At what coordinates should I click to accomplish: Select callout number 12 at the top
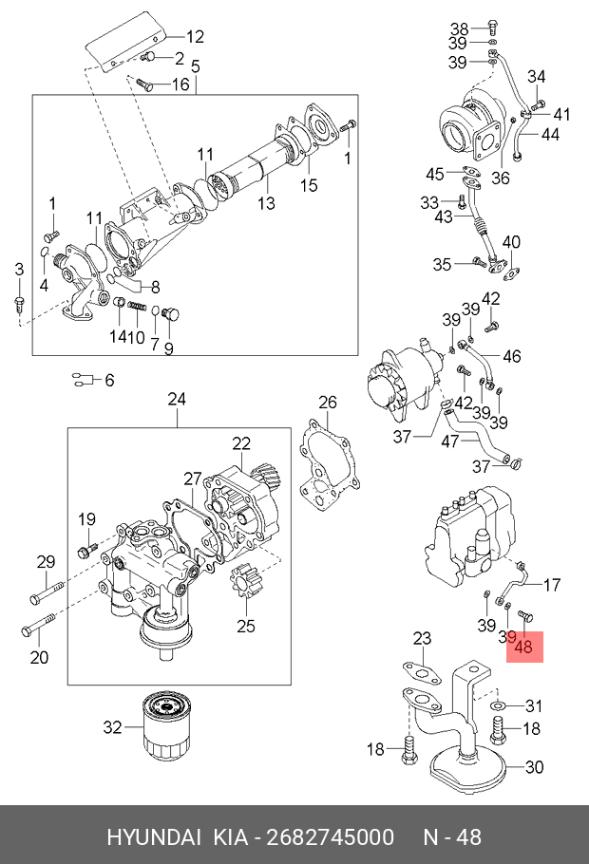coord(194,37)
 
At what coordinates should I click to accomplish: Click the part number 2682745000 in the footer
coord(332,837)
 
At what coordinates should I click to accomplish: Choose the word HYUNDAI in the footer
coord(153,837)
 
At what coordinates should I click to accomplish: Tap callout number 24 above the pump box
coord(178,399)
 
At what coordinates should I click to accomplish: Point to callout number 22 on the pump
coord(241,442)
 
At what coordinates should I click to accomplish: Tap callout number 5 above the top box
coord(195,66)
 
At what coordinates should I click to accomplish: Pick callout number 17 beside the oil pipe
coord(551,585)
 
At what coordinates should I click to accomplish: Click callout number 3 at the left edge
coord(18,272)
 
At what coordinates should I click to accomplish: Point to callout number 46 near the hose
coord(511,357)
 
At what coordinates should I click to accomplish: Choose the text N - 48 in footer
coord(451,837)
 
